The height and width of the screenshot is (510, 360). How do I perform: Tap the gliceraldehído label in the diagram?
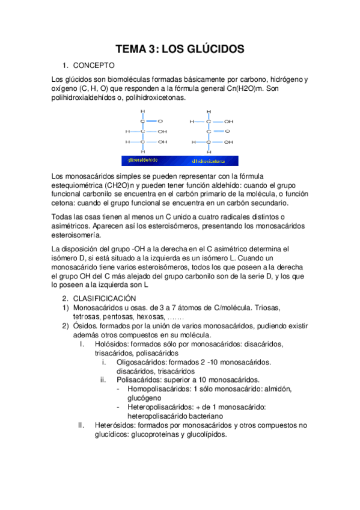[x=139, y=161]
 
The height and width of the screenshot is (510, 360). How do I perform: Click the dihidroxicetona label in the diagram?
[x=208, y=161]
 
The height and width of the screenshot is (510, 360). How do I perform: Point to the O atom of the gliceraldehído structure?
[x=160, y=120]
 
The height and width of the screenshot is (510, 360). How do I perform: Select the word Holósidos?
[x=112, y=344]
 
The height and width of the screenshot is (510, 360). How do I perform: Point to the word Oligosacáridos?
[x=142, y=362]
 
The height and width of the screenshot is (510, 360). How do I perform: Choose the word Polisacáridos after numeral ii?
[x=142, y=380]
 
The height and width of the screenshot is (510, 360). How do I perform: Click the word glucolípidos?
[x=204, y=434]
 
